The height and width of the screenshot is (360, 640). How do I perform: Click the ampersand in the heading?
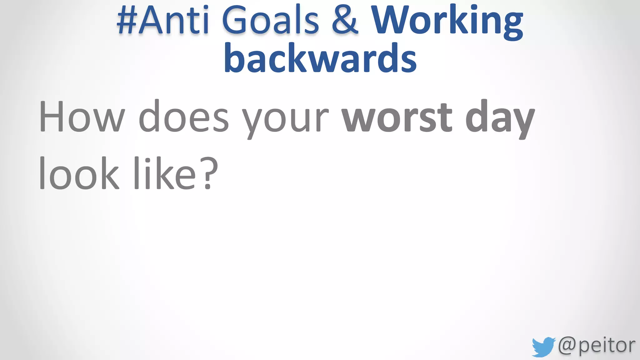[x=345, y=20]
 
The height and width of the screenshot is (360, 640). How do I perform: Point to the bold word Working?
[x=447, y=22]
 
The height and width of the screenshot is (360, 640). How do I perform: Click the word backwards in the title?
[x=320, y=58]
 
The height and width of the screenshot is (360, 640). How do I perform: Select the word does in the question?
[x=184, y=116]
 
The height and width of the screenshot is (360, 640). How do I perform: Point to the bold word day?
[x=500, y=119]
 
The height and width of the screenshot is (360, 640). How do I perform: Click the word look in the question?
[x=79, y=173]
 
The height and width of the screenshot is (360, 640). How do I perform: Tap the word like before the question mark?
[x=165, y=173]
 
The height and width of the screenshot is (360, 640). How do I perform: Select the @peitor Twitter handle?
[x=596, y=346]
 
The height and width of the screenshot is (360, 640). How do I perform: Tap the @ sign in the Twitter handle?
[x=567, y=345]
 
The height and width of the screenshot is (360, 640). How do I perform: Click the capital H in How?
[x=52, y=116]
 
